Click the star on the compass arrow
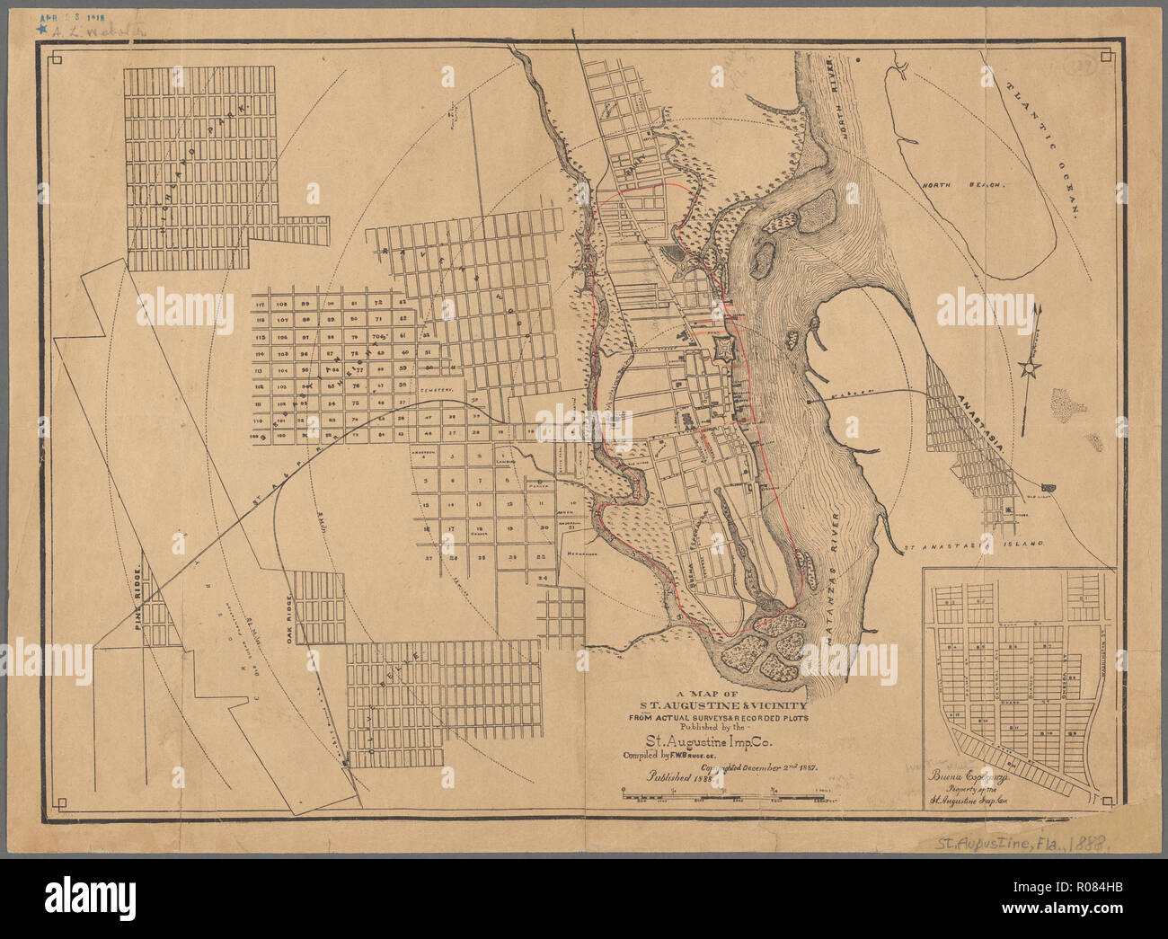click(x=1031, y=368)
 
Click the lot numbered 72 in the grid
click(x=377, y=305)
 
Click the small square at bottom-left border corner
click(x=59, y=802)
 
